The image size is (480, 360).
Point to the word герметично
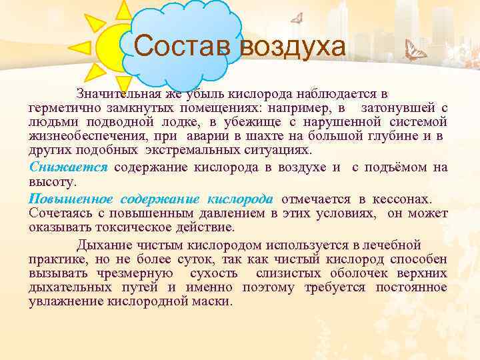pos(60,107)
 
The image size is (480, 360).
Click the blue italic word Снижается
pos(68,167)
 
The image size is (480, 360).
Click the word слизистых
pos(283,273)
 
